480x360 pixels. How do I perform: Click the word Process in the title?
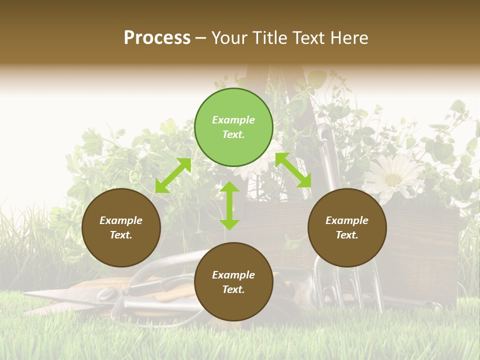tap(157, 38)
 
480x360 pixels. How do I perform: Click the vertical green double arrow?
tap(229, 205)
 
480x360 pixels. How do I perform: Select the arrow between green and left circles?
tap(173, 175)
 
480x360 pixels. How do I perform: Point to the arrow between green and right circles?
tap(293, 170)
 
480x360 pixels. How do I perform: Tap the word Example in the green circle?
tap(233, 120)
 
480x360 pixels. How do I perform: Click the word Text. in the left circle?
tap(121, 235)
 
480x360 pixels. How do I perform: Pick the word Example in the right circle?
tap(347, 220)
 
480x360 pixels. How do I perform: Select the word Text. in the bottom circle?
tap(233, 289)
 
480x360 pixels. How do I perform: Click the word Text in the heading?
tap(309, 38)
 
